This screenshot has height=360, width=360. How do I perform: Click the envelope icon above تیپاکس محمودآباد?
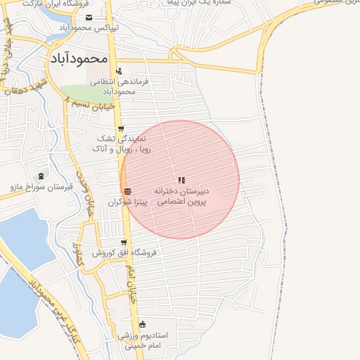89,18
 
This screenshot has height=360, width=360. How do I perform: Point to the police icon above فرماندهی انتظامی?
120,71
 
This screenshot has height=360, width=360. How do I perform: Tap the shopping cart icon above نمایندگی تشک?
121,129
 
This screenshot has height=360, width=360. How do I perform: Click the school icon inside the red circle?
182,181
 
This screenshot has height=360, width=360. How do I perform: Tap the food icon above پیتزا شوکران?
127,192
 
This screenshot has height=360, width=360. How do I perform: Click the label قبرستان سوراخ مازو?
39,186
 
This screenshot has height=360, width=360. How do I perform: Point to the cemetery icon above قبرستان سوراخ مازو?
40,175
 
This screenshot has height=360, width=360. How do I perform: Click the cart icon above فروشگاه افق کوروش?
123,243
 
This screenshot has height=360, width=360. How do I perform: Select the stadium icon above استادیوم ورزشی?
143,325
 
